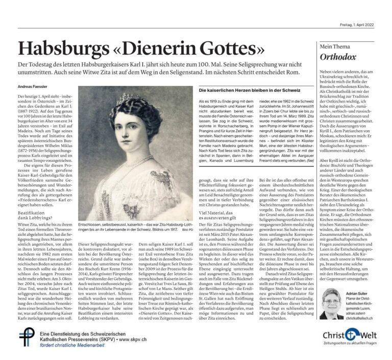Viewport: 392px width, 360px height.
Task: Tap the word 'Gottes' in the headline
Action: coord(231,50)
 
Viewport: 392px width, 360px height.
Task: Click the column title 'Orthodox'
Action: coord(337,57)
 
